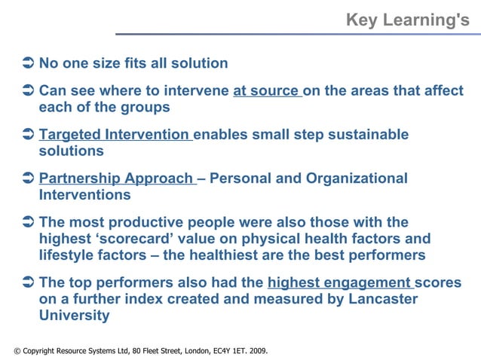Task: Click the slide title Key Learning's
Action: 407,20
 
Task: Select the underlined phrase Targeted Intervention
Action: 114,135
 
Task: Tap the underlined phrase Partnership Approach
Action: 116,178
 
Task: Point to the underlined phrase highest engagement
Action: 339,283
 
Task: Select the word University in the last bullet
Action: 74,316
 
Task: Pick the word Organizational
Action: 357,178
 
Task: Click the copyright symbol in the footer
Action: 17,351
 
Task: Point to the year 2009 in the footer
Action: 256,351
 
